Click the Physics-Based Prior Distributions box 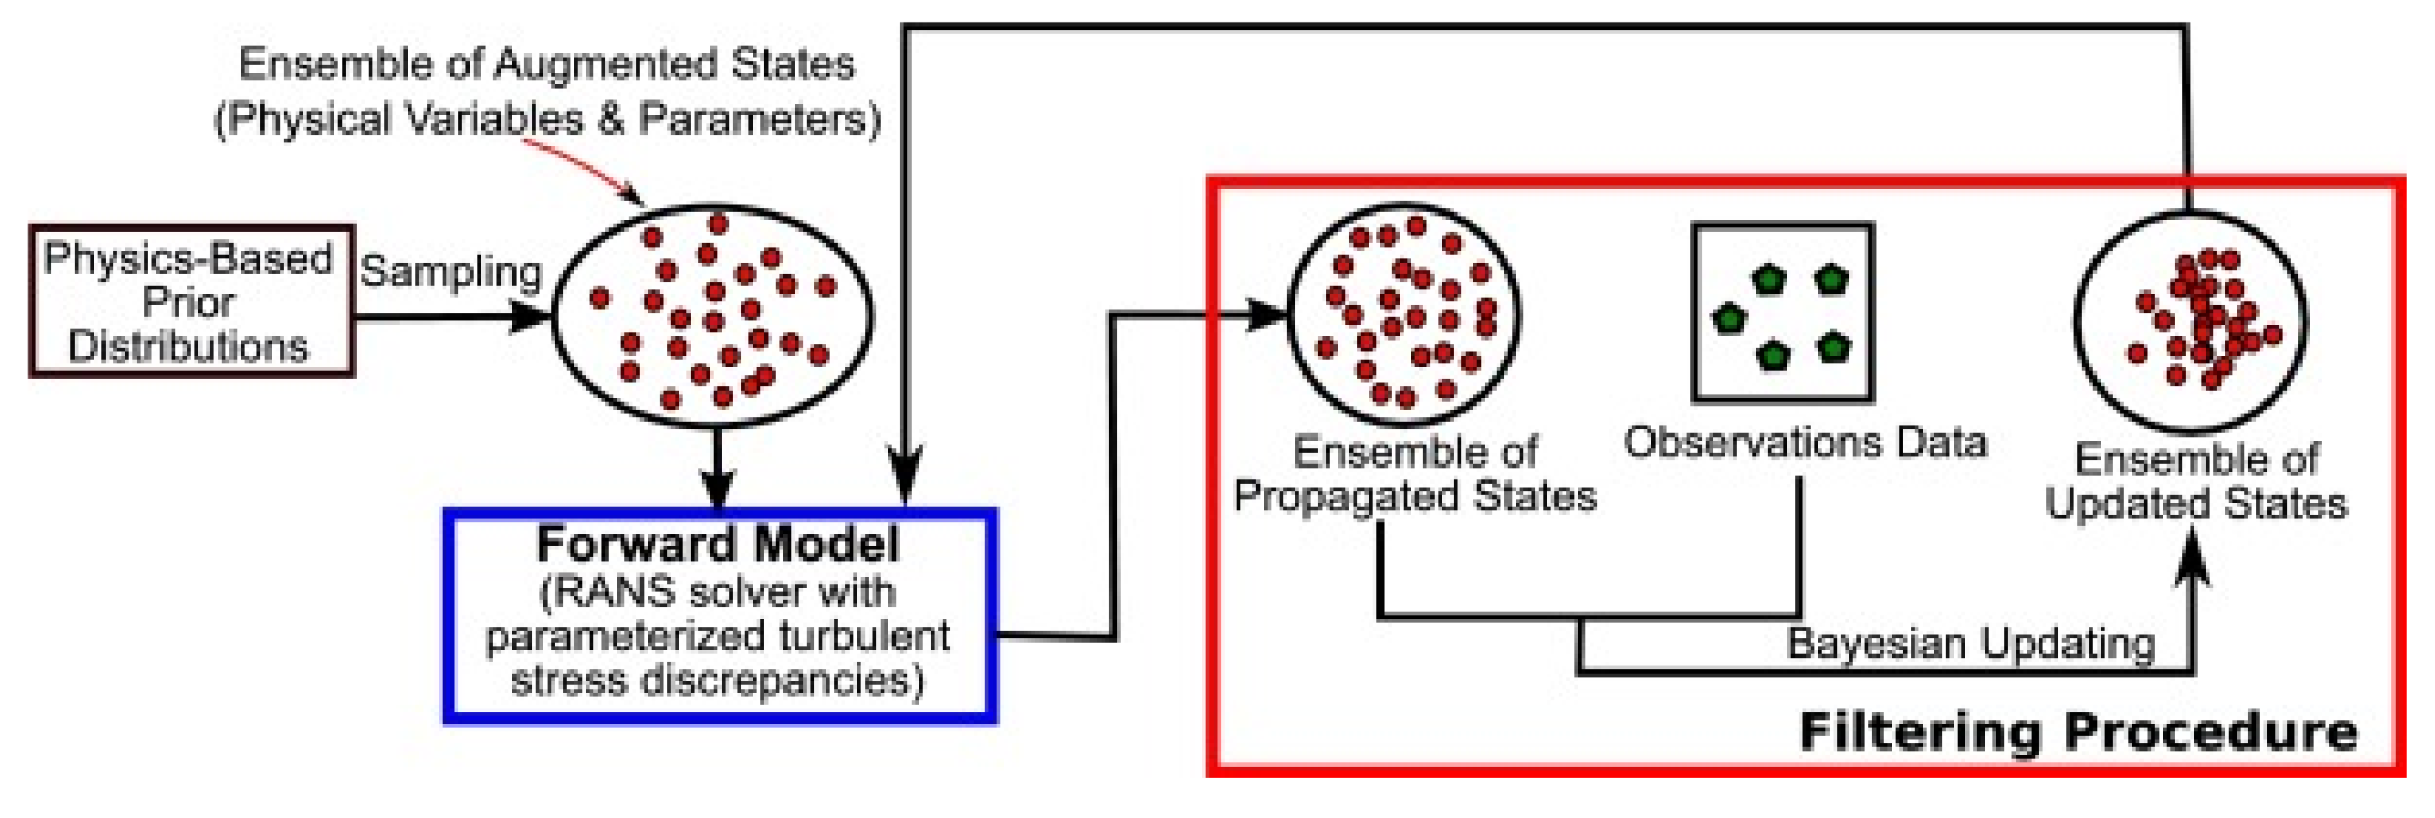coord(190,301)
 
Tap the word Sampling coord(451,272)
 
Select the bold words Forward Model coord(718,545)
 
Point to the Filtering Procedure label coord(2076,732)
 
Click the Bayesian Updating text coord(1970,644)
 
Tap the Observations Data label coord(1804,443)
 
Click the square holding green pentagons coord(1782,313)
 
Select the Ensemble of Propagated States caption coord(1415,474)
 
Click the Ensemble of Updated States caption coord(2195,481)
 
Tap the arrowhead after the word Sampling coord(529,316)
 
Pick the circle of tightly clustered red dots coord(2190,322)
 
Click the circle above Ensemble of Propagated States coord(1406,315)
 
